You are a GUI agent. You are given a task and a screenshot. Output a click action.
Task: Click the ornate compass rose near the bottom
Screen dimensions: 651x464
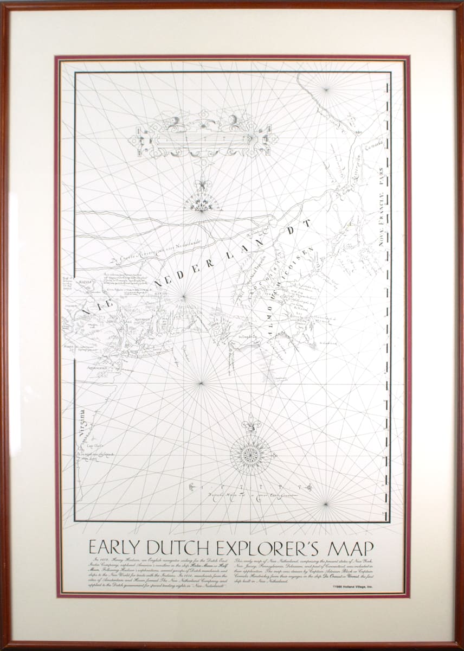250,453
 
